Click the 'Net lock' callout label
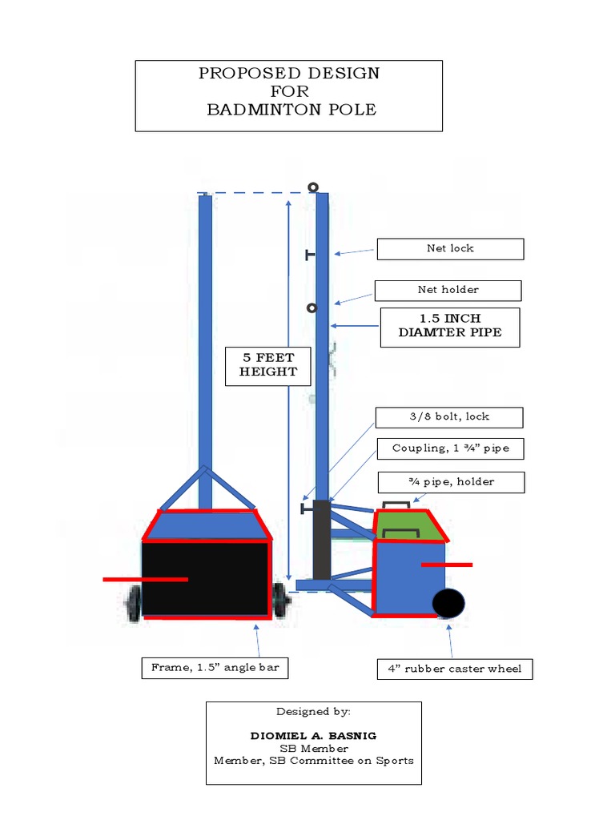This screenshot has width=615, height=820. coord(450,249)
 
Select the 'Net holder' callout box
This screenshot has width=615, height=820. coord(448,290)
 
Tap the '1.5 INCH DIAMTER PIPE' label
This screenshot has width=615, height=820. coord(449,327)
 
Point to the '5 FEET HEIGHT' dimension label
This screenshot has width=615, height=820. coord(267,365)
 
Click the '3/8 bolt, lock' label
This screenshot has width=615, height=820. coord(449,417)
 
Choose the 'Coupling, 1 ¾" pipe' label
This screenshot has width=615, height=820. coord(448,448)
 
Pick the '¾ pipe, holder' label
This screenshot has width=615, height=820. coord(451,482)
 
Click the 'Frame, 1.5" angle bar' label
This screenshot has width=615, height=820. coord(215,668)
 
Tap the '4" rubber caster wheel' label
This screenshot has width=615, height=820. coord(455,669)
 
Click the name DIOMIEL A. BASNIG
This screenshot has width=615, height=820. coord(313,735)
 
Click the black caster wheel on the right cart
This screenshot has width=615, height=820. coord(448,604)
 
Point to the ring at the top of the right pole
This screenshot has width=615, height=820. coord(313,187)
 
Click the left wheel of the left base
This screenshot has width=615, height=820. coord(133,602)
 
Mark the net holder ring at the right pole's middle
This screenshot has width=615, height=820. coord(312,308)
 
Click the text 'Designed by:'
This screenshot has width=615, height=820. coord(313,711)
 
